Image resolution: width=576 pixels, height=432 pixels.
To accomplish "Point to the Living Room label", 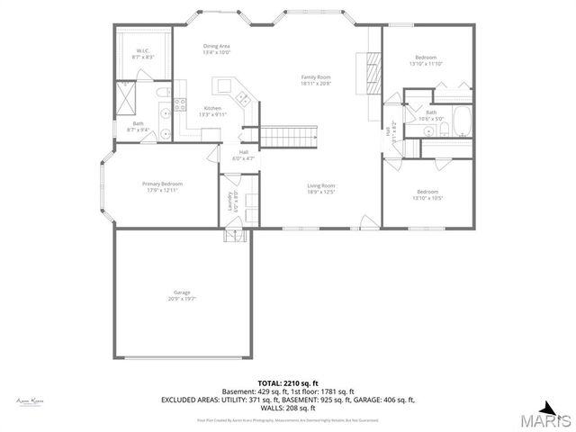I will tap(321, 188).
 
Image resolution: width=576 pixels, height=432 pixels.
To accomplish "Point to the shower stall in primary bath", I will tap(127, 96).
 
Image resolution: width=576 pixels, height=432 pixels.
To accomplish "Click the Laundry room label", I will tap(233, 203).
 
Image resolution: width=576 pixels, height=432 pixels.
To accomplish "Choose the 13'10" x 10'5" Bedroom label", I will tap(427, 193).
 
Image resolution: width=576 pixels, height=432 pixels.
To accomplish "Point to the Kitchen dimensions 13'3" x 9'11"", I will tap(212, 115).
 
